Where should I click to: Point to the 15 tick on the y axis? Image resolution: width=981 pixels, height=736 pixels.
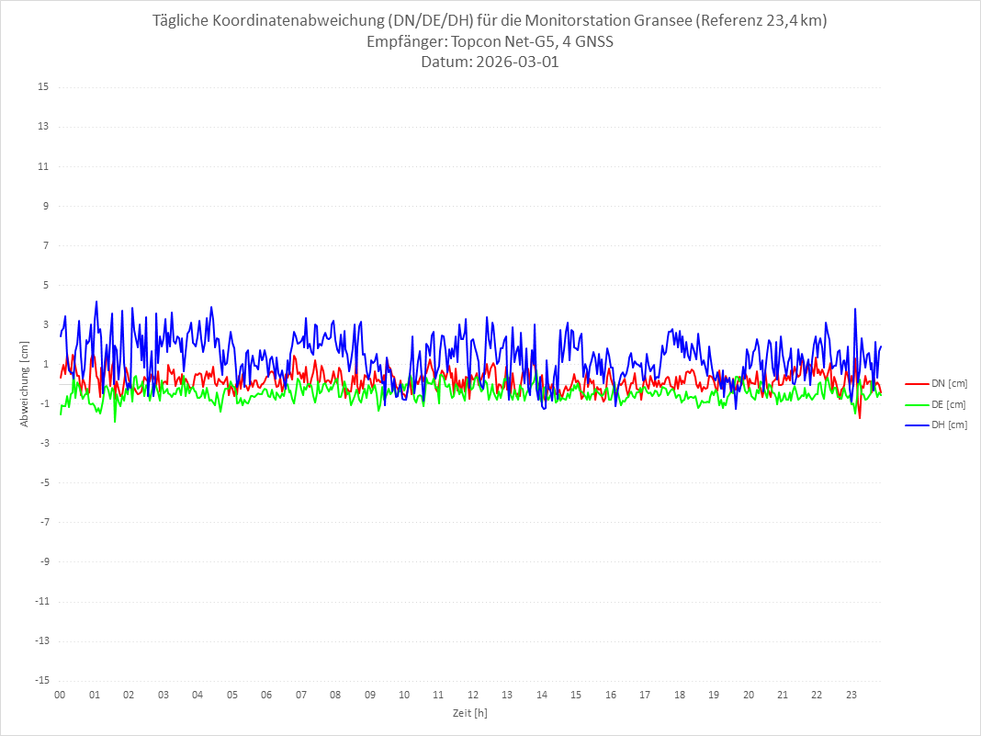[x=43, y=87]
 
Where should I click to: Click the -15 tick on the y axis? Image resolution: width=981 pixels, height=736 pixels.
[x=41, y=680]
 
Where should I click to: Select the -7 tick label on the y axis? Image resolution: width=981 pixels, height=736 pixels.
[x=43, y=522]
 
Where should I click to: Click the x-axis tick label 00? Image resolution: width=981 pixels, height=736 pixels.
[x=60, y=696]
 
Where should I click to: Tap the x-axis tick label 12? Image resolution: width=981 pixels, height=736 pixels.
[x=473, y=696]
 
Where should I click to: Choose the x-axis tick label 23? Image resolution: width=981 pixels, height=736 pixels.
[x=851, y=696]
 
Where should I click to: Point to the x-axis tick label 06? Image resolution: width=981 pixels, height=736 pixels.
[x=266, y=696]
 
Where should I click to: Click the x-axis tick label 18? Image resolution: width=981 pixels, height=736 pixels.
[x=680, y=696]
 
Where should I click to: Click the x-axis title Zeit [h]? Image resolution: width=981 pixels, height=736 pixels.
[x=469, y=712]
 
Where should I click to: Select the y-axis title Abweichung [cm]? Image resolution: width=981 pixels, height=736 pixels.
[x=25, y=383]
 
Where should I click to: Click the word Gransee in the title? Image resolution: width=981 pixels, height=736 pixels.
[x=664, y=21]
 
